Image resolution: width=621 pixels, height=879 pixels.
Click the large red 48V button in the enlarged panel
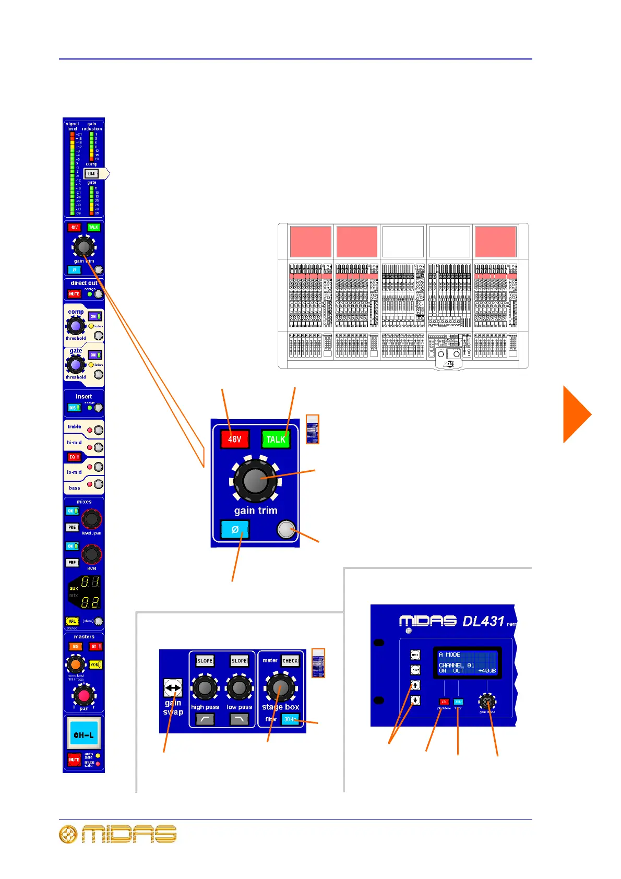tap(234, 439)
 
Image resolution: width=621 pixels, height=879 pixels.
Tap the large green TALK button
tap(276, 439)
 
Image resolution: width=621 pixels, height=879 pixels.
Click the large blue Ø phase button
tap(235, 529)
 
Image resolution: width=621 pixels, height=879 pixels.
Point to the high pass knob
tap(205, 688)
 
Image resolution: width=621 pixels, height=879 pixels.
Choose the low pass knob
tap(239, 688)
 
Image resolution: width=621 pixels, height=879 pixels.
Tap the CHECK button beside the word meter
tap(290, 661)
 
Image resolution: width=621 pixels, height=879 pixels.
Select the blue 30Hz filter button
tap(290, 719)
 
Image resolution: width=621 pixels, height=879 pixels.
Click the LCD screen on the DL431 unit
tap(467, 663)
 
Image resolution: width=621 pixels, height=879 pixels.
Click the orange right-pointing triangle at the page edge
tap(576, 414)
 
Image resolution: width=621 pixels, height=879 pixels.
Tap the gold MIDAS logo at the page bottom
tap(118, 834)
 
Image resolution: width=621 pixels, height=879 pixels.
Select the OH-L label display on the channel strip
tap(83, 735)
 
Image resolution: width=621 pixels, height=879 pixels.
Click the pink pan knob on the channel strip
tap(83, 695)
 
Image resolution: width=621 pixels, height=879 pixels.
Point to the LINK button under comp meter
tap(92, 173)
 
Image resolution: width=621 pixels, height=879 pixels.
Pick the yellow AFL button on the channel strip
tap(72, 621)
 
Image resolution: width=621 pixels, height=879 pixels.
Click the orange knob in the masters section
tap(76, 664)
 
